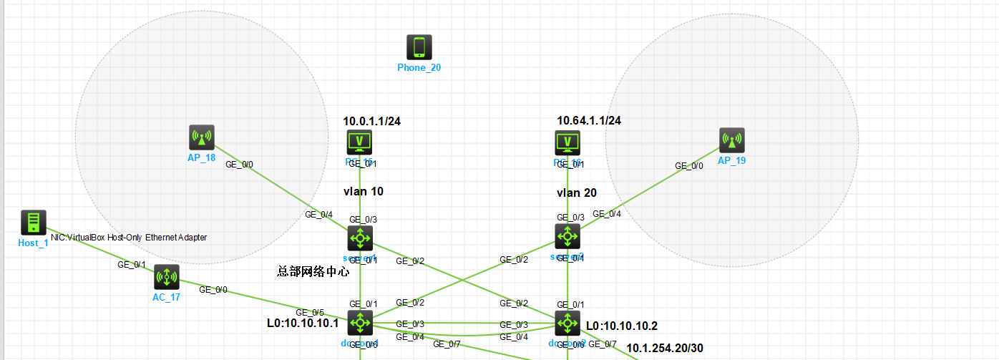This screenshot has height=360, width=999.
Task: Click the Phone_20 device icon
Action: pyautogui.click(x=419, y=47)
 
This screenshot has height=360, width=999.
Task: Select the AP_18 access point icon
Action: pyautogui.click(x=202, y=137)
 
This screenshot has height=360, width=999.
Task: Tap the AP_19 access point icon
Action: pyautogui.click(x=731, y=140)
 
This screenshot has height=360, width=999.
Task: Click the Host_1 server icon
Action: pyautogui.click(x=33, y=223)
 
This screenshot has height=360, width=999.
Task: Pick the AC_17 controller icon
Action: pyautogui.click(x=166, y=276)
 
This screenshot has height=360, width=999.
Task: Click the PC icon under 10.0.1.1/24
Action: pyautogui.click(x=359, y=143)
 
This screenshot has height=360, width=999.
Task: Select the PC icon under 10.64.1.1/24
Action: pyautogui.click(x=568, y=143)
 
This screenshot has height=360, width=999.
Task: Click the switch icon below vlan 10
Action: pyautogui.click(x=360, y=238)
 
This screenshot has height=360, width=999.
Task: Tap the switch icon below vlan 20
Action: pyautogui.click(x=567, y=236)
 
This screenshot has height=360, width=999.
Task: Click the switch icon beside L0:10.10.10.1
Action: pyautogui.click(x=360, y=323)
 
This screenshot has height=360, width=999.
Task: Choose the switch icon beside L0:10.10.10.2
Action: pyautogui.click(x=567, y=323)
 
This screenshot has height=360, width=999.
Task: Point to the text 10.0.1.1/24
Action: pyautogui.click(x=371, y=120)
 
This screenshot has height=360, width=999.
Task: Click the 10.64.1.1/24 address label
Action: pyautogui.click(x=588, y=120)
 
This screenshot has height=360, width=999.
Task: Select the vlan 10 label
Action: pyautogui.click(x=364, y=192)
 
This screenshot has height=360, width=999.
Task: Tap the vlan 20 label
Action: pyautogui.click(x=576, y=193)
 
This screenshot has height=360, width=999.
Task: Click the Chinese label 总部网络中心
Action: pyautogui.click(x=313, y=271)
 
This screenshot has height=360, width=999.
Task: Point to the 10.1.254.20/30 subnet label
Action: pyautogui.click(x=665, y=348)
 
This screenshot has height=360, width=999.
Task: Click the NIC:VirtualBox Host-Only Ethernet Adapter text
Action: pyautogui.click(x=128, y=237)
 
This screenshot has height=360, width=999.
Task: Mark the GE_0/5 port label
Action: pyautogui.click(x=310, y=312)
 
